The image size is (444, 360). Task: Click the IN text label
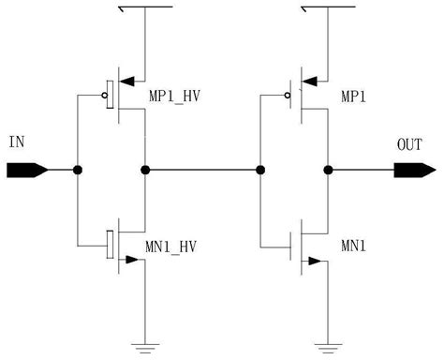(x=16, y=142)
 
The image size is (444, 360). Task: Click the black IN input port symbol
(x=25, y=170)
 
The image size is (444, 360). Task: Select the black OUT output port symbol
(x=413, y=170)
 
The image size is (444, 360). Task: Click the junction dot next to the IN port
(x=78, y=170)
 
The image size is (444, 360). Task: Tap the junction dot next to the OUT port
(x=328, y=170)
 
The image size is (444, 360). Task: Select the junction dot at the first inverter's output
(x=144, y=170)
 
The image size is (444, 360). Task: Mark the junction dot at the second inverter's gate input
(x=260, y=170)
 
